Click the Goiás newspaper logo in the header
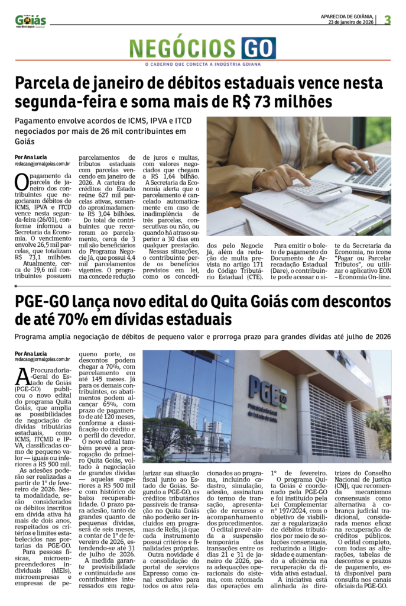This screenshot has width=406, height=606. [30, 21]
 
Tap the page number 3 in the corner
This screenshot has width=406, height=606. [387, 20]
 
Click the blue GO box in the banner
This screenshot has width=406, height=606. [258, 48]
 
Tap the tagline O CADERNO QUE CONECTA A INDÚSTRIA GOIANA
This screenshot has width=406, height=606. [203, 64]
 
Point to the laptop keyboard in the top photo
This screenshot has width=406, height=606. [369, 172]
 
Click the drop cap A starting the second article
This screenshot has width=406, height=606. [22, 375]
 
